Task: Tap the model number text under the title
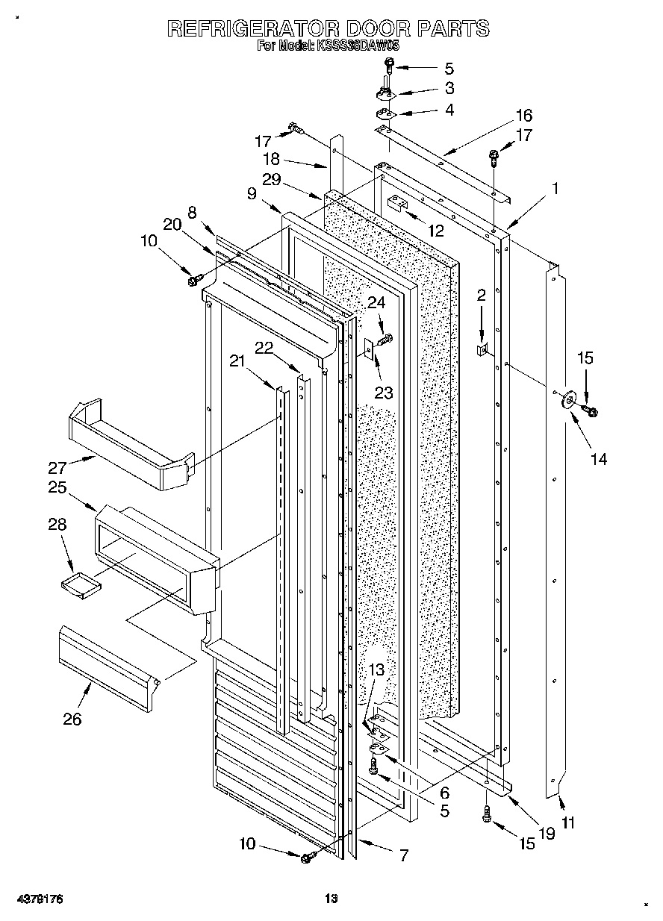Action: click(328, 46)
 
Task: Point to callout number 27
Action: click(58, 468)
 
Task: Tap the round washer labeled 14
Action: click(568, 399)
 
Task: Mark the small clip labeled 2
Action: click(483, 349)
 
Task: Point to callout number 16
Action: click(523, 115)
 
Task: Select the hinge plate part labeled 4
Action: click(386, 113)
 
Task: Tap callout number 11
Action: click(568, 824)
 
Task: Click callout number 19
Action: click(547, 834)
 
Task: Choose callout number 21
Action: click(237, 361)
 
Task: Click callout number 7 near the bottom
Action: click(403, 855)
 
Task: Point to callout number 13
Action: click(376, 669)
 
